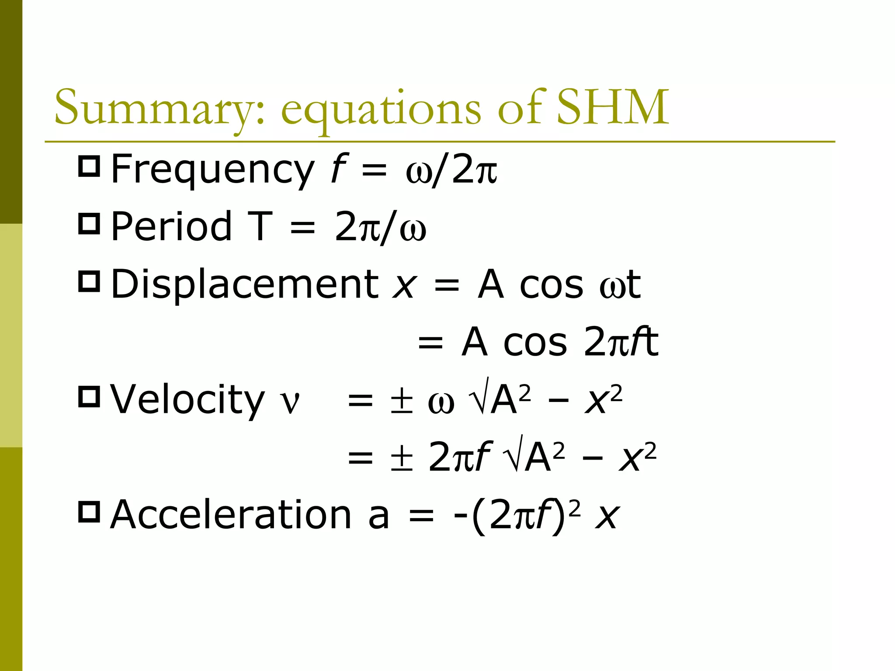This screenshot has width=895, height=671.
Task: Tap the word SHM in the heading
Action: point(613,107)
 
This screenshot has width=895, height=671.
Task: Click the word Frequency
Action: point(212,170)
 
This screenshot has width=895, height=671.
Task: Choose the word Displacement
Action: point(245,285)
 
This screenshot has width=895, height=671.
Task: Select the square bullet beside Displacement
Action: point(89,281)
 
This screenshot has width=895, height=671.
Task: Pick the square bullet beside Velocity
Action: point(89,396)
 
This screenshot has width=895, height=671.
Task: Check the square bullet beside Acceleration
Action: point(89,511)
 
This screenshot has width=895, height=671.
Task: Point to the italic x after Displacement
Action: point(403,286)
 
